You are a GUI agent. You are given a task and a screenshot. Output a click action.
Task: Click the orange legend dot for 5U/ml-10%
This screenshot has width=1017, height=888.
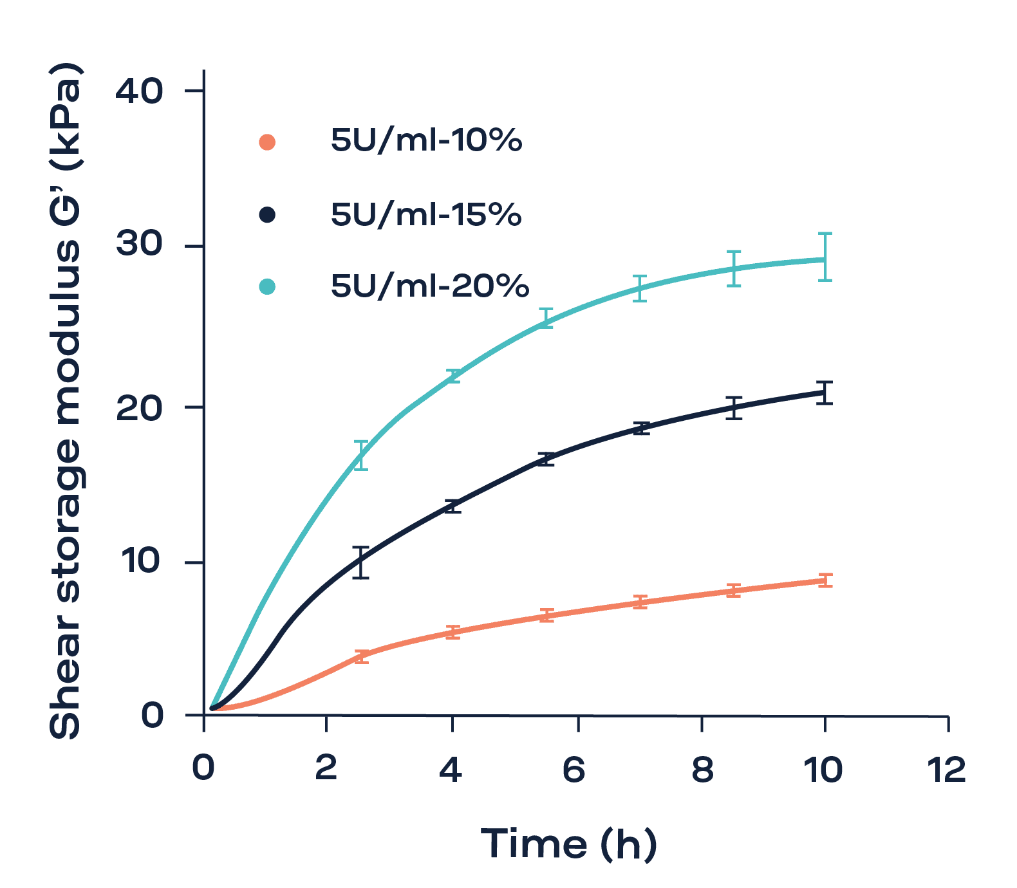click(267, 142)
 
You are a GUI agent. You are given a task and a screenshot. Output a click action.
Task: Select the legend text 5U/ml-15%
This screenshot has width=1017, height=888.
click(425, 214)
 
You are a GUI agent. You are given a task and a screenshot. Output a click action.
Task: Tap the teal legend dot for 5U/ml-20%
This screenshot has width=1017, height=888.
click(267, 286)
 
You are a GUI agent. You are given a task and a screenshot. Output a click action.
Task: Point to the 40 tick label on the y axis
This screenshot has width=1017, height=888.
click(139, 91)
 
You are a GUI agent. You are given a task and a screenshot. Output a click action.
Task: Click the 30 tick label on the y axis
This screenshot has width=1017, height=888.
click(139, 245)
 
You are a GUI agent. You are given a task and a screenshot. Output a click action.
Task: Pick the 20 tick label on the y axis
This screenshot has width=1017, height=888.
click(139, 407)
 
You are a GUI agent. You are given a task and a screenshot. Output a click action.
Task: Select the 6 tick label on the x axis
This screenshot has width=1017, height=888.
click(574, 770)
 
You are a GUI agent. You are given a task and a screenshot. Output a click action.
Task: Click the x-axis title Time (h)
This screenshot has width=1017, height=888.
click(568, 844)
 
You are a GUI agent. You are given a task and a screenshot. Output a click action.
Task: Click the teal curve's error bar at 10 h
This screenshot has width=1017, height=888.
click(825, 257)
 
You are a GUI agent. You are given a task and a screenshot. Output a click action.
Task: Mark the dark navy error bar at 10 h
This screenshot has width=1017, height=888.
click(825, 393)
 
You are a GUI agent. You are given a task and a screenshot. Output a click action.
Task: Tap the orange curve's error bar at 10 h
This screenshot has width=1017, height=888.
click(825, 580)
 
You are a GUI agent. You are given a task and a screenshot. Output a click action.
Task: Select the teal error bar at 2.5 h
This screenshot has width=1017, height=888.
click(361, 455)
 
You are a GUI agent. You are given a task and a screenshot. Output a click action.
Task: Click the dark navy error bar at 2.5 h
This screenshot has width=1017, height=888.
click(361, 562)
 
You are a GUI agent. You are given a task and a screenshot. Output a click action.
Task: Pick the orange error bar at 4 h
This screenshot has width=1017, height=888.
click(453, 632)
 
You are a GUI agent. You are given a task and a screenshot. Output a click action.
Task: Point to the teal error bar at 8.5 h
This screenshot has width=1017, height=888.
click(734, 268)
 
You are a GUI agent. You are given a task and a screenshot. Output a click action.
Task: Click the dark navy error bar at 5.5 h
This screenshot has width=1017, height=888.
click(546, 459)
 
